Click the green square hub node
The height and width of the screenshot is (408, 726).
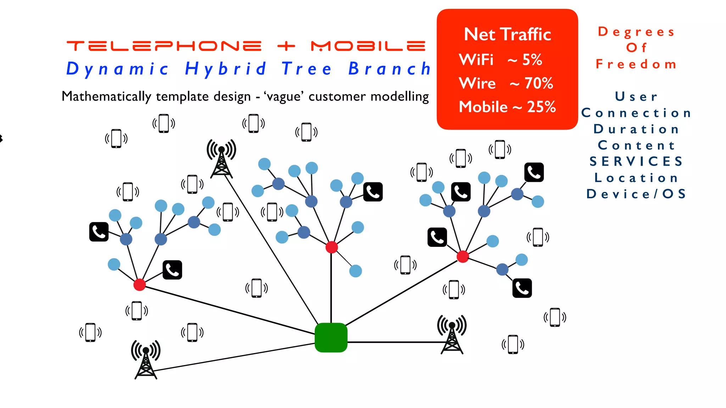point(331,337)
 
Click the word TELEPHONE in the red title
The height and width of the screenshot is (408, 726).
point(164,46)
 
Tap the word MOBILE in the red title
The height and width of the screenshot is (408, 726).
point(368,46)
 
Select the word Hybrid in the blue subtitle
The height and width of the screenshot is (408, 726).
point(225,69)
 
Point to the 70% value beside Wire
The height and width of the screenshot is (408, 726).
point(538,84)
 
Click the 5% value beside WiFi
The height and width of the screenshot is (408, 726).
point(532,60)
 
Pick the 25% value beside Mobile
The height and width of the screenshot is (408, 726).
point(541,107)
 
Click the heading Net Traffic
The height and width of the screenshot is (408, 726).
point(507,35)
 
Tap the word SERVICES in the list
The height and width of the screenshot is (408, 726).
point(636,161)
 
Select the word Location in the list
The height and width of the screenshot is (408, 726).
point(636,178)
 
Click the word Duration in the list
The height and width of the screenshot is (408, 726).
point(636,129)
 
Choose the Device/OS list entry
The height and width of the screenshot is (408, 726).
point(636,194)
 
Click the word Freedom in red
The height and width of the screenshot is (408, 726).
point(636,64)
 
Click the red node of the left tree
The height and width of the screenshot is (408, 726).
point(139,284)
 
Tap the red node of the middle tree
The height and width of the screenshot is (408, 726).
point(331,247)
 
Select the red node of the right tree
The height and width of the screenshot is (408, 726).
point(463,256)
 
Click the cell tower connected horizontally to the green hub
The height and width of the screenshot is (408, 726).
point(452,335)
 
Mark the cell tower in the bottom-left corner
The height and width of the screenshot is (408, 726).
point(146,359)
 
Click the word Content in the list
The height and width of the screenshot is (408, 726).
point(636,145)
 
